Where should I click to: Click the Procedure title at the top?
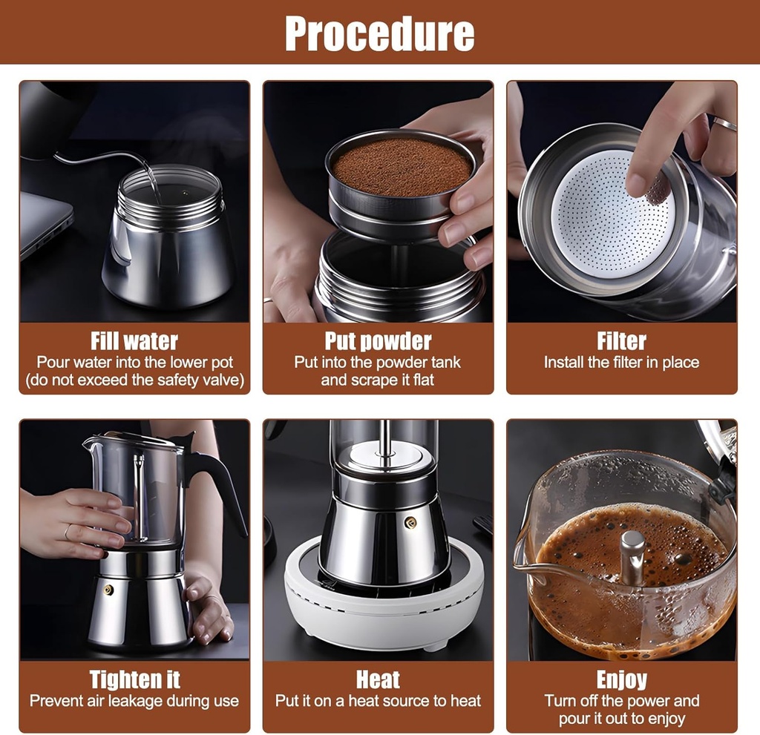click(379, 33)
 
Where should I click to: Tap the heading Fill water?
click(134, 341)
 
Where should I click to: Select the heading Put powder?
click(378, 341)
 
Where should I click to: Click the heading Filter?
click(621, 341)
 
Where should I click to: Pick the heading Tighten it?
click(134, 679)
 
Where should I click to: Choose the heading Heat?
click(378, 679)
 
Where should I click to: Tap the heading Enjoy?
click(621, 679)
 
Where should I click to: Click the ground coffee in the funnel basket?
click(401, 167)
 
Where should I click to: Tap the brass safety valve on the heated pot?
click(410, 523)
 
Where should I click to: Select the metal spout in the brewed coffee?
click(632, 556)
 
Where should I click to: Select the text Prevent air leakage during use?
click(134, 701)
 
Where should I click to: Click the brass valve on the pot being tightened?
click(108, 590)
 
